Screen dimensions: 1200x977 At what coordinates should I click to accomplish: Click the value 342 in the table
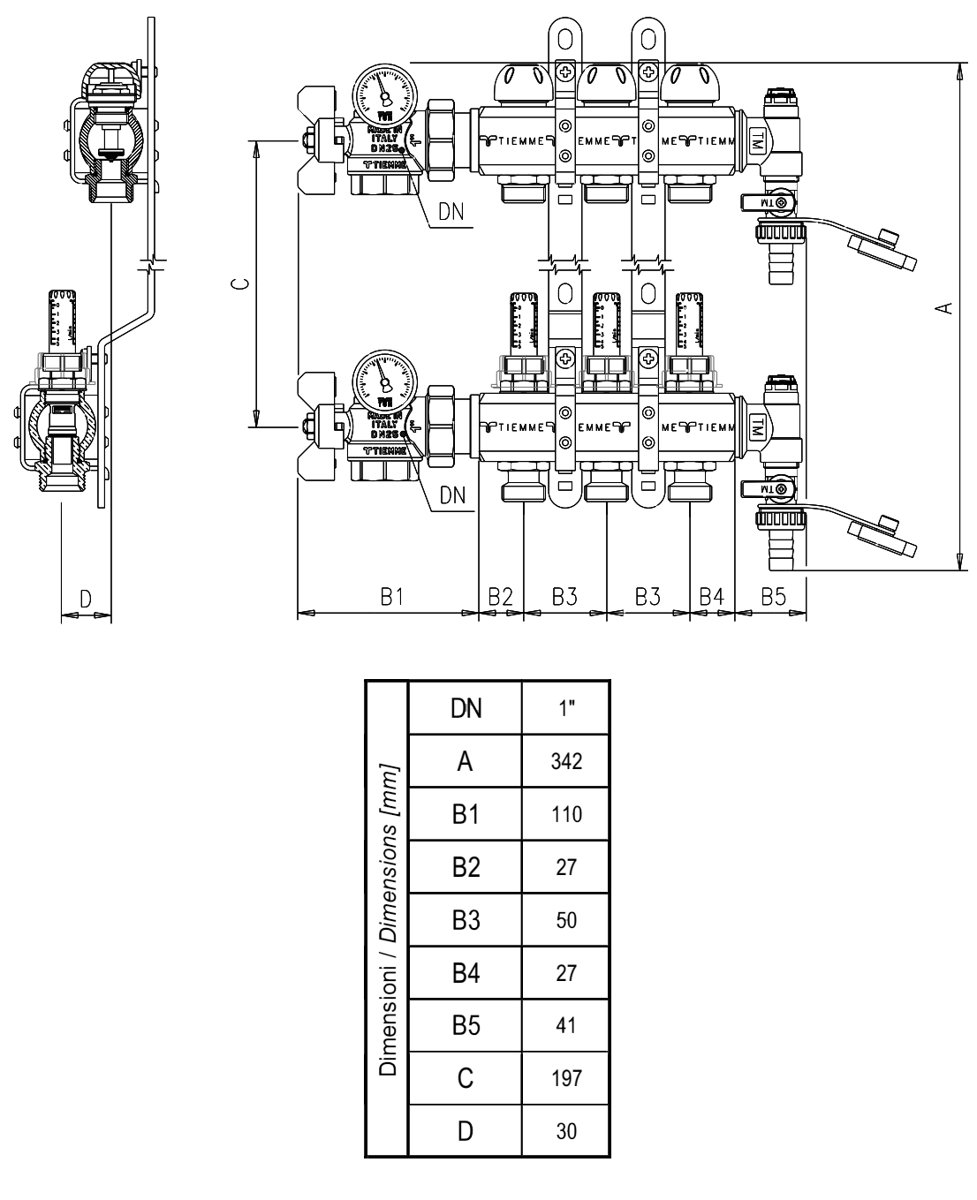coord(565,761)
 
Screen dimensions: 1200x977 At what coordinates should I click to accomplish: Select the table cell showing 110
coord(565,814)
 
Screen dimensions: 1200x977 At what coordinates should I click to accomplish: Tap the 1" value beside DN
coord(565,708)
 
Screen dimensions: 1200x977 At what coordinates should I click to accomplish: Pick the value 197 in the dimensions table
coord(565,1079)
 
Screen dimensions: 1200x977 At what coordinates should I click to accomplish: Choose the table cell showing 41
coord(565,1026)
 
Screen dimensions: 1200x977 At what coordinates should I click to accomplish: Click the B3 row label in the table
coord(465,920)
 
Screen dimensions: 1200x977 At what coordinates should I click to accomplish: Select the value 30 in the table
coord(565,1131)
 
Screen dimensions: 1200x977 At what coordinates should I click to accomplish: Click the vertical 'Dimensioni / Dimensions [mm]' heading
coord(387,918)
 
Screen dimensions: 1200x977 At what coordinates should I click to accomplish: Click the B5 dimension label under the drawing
coord(773,597)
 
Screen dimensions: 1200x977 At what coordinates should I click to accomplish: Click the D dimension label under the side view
coord(86,598)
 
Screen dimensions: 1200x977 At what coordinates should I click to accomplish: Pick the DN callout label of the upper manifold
coord(452,211)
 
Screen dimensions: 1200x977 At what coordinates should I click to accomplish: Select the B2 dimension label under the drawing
coord(501,597)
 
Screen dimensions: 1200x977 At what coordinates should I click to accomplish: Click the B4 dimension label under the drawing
coord(712,597)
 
